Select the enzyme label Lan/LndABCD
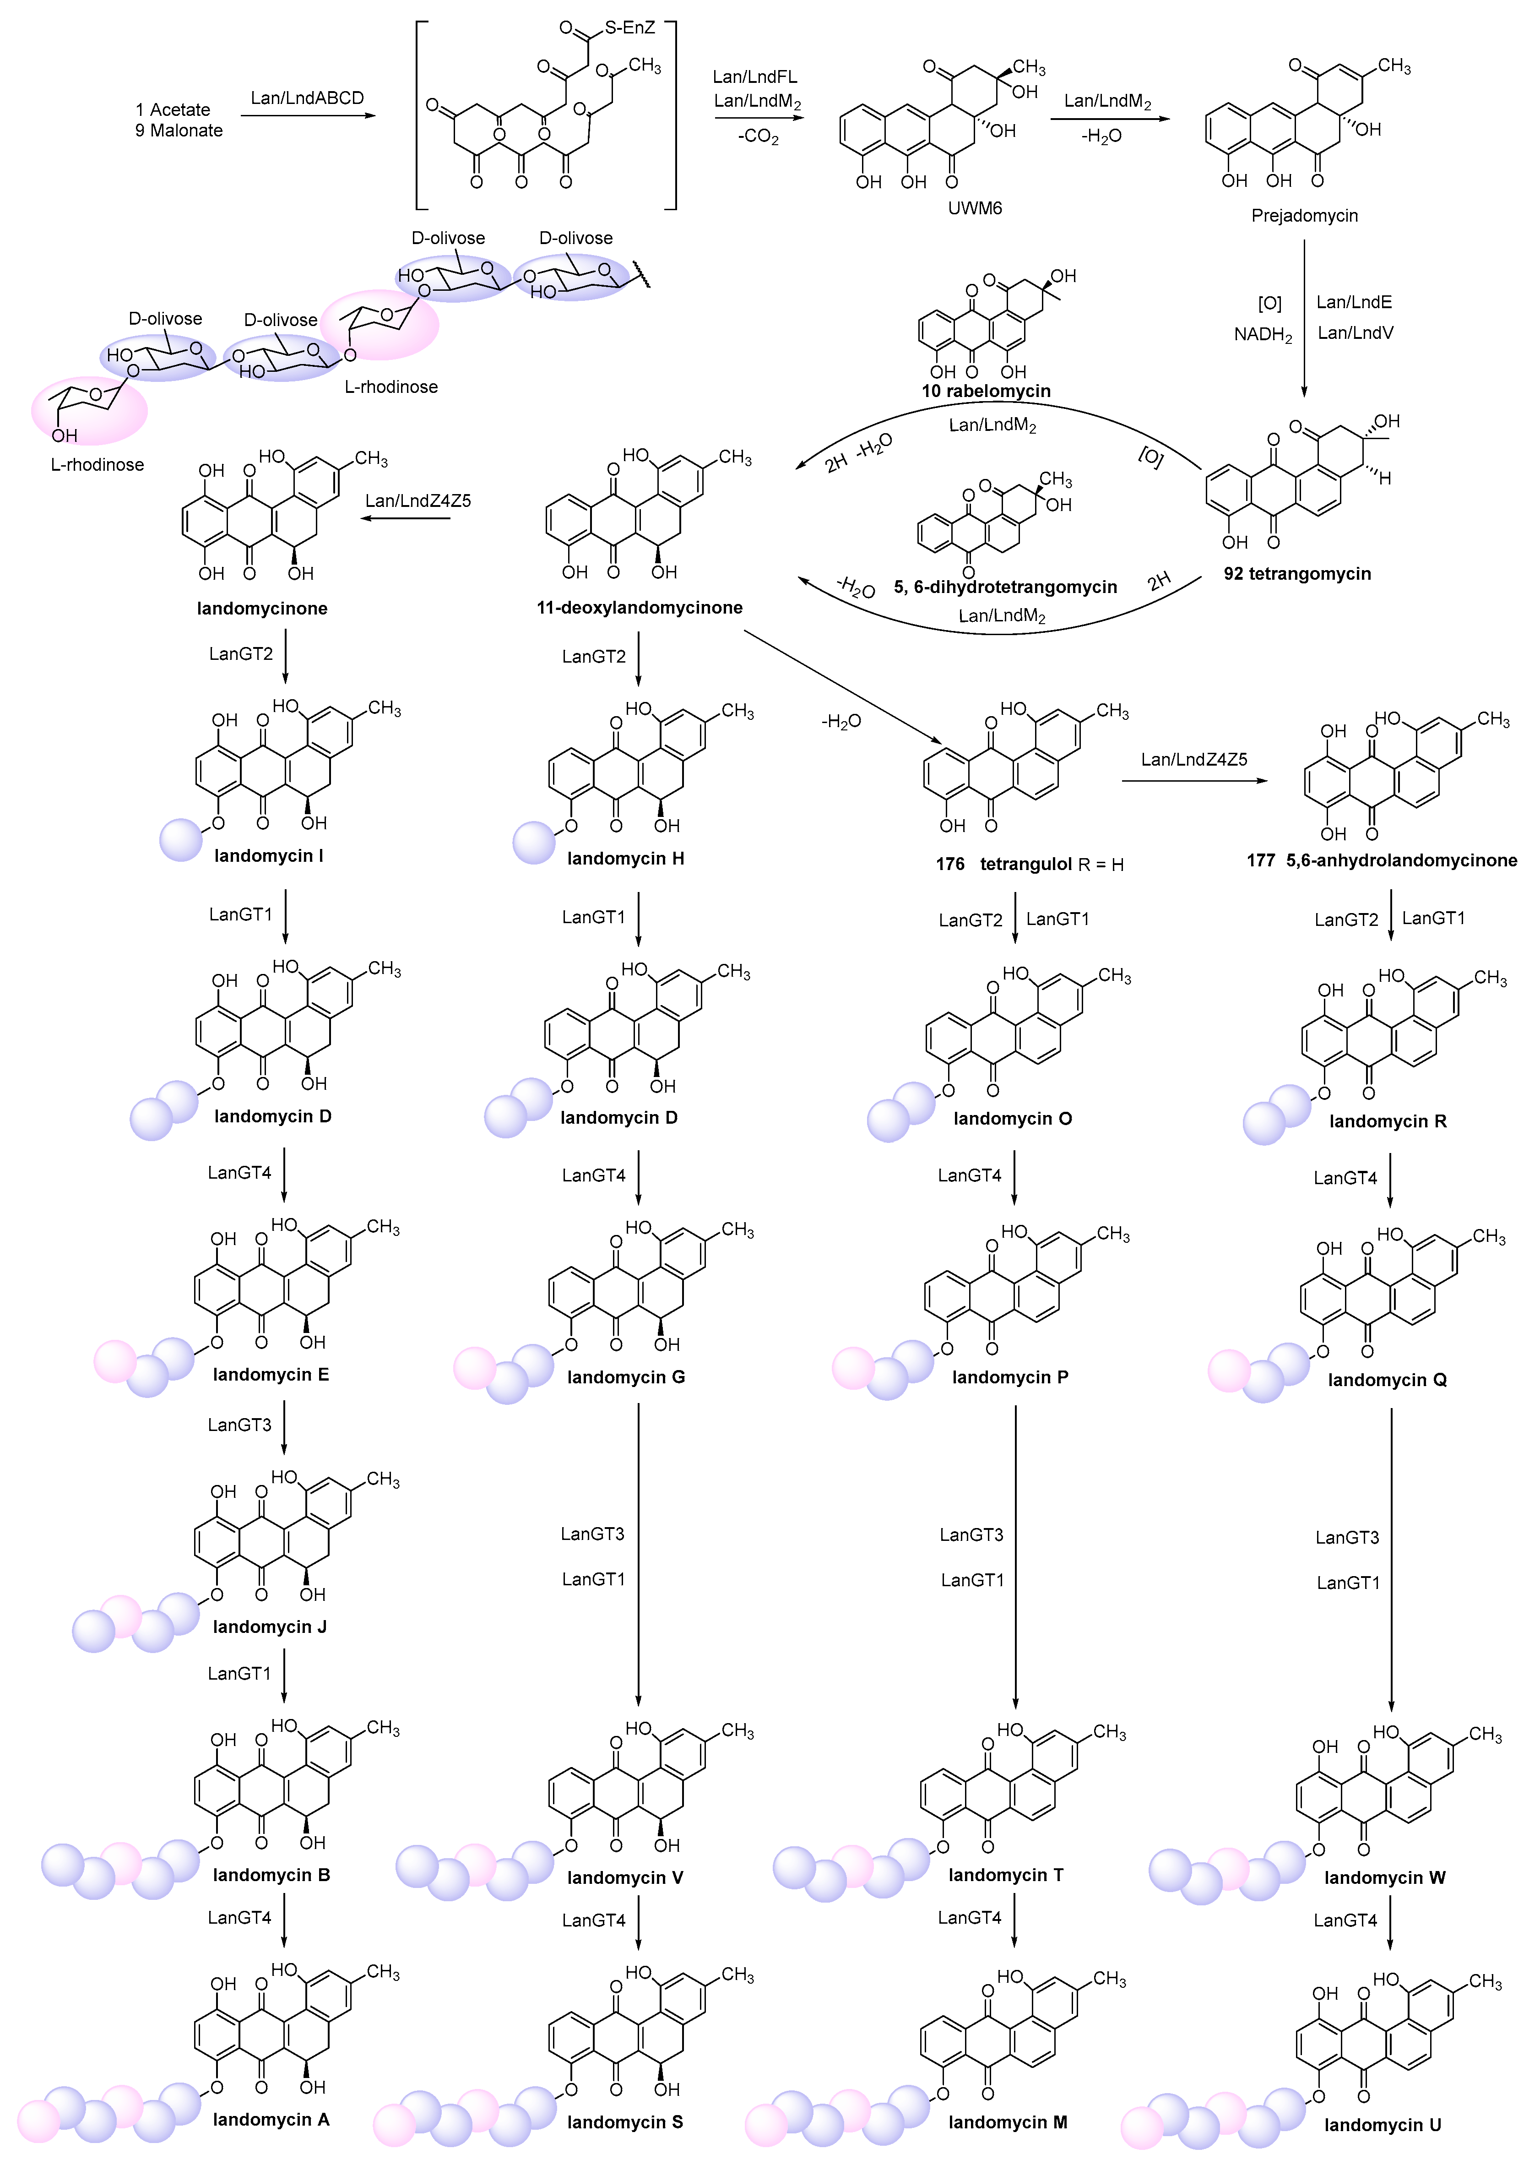pos(307,98)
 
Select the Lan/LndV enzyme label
pos(1355,333)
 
